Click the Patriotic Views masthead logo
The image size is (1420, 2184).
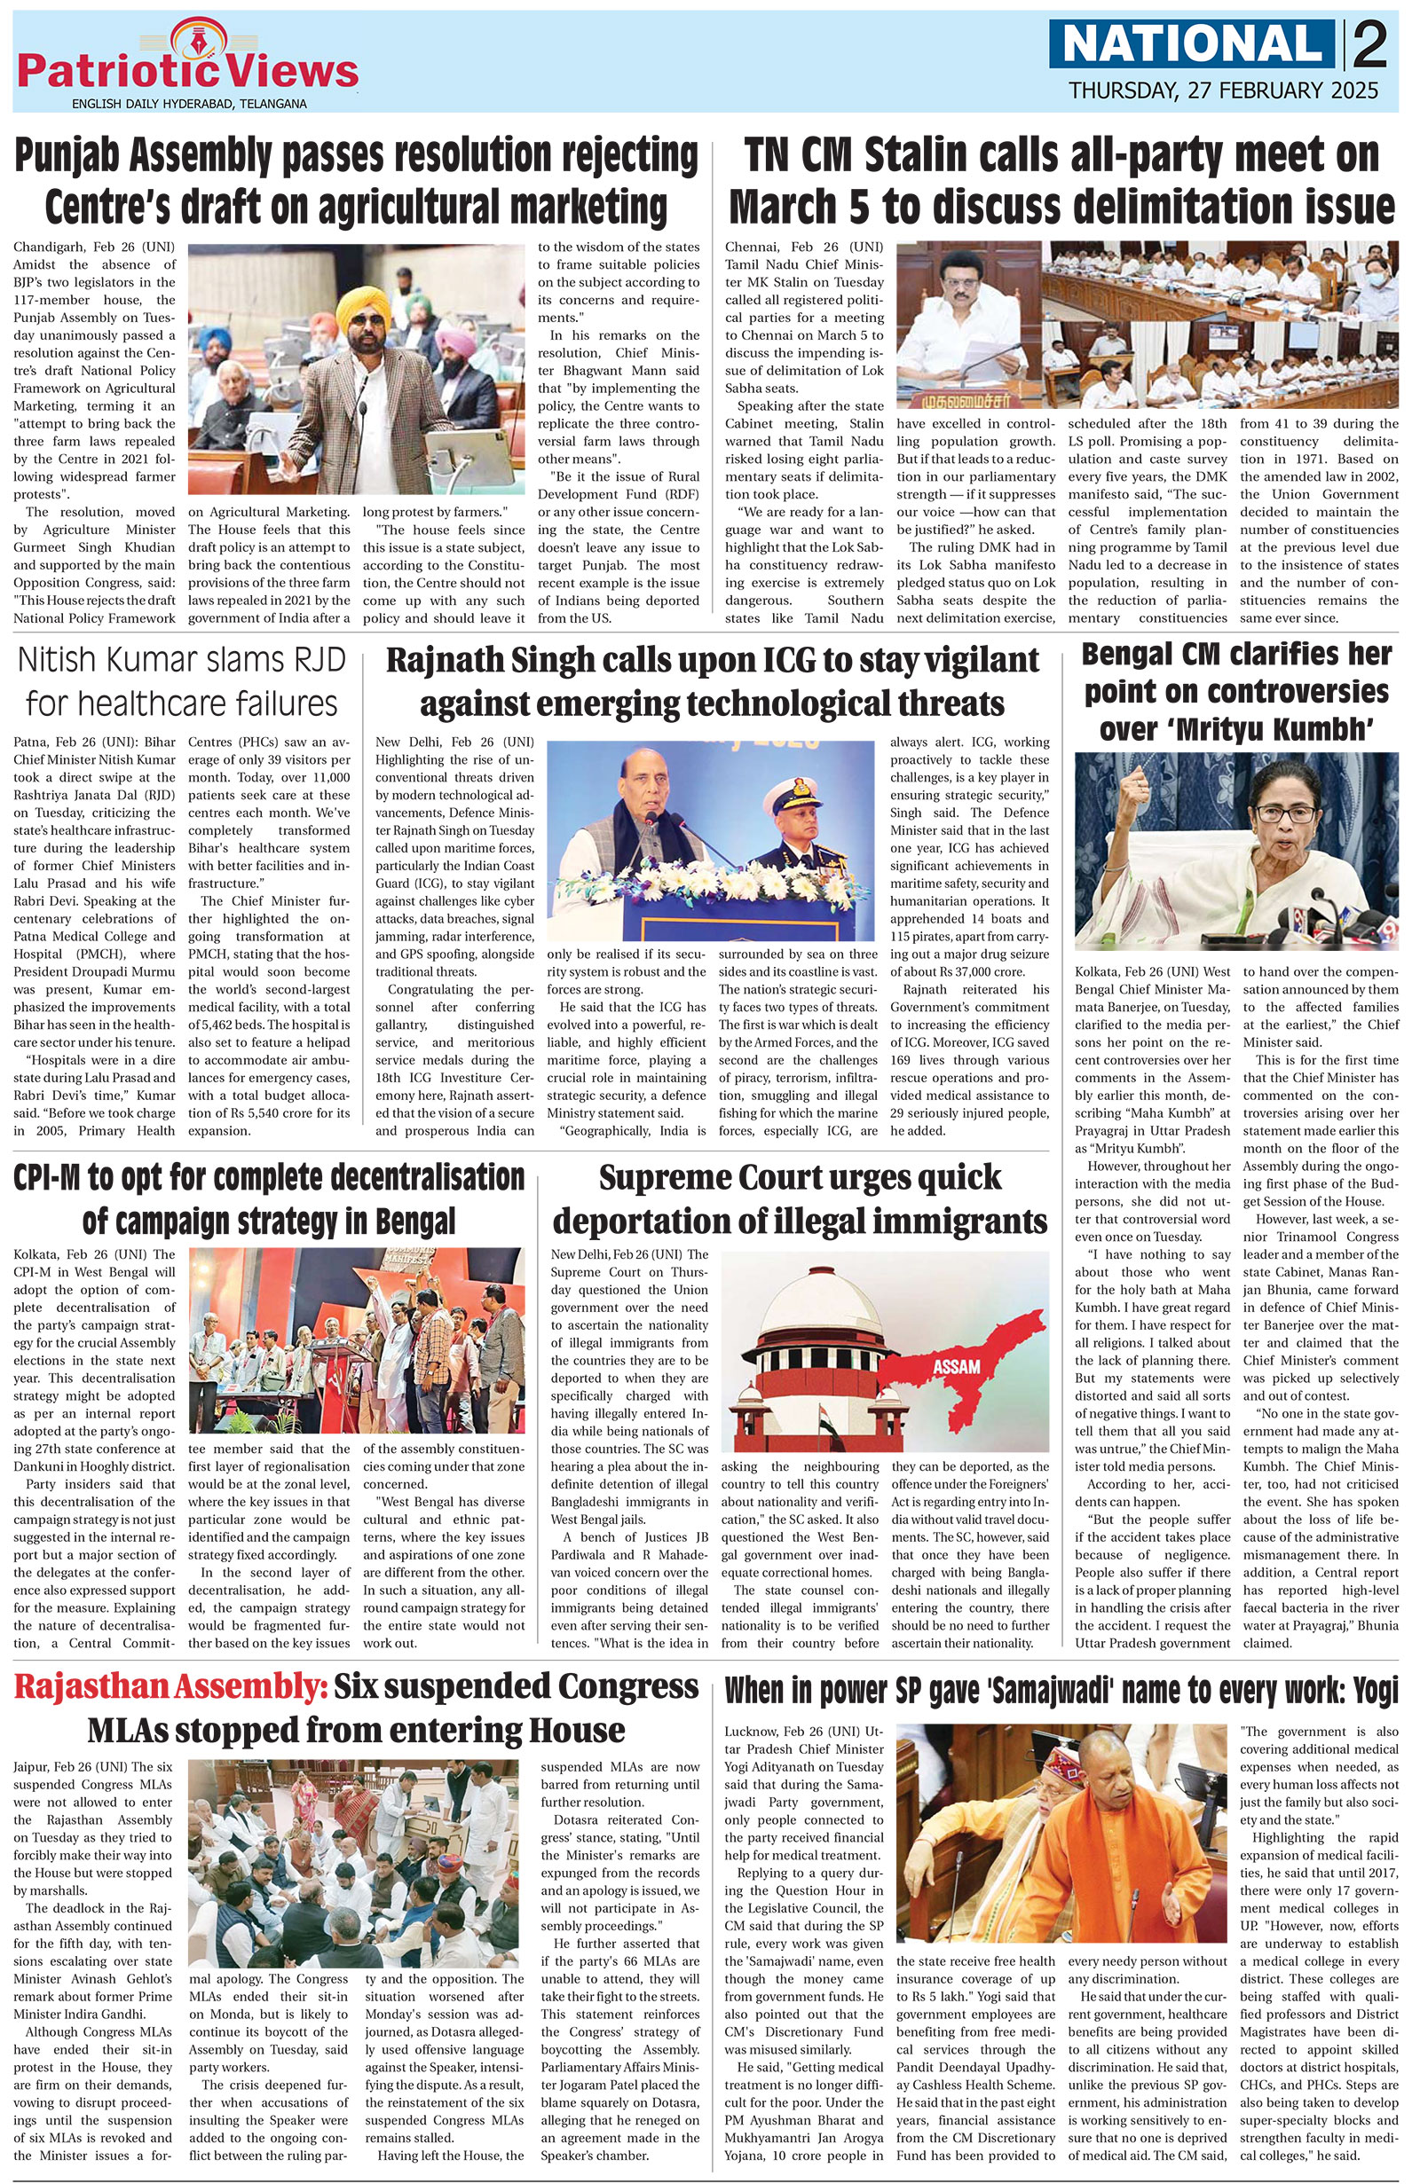189,70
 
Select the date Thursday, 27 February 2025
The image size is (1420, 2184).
1223,90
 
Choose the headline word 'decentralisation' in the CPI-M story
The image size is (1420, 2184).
390,1177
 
